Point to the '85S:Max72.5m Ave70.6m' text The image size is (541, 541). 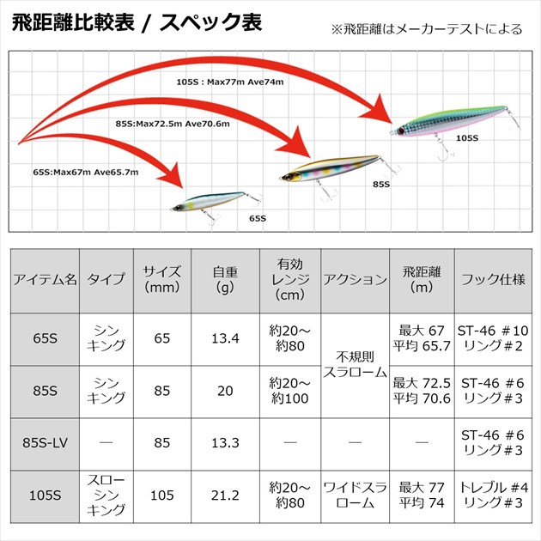coord(173,124)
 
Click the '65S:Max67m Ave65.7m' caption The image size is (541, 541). coord(86,172)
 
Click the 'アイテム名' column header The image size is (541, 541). coord(46,280)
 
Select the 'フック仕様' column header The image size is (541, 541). coord(493,280)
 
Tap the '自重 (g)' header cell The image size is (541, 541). coord(224,280)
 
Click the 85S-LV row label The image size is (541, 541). coord(46,442)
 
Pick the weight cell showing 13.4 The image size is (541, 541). coord(224,338)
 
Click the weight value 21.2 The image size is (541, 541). coord(224,495)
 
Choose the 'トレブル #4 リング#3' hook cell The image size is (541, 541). coord(493,495)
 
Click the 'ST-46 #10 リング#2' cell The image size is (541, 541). coord(493,338)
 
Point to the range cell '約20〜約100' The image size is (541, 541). coord(289,391)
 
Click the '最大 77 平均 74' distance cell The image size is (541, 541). coord(422,495)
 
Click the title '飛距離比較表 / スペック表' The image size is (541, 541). coord(138,23)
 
